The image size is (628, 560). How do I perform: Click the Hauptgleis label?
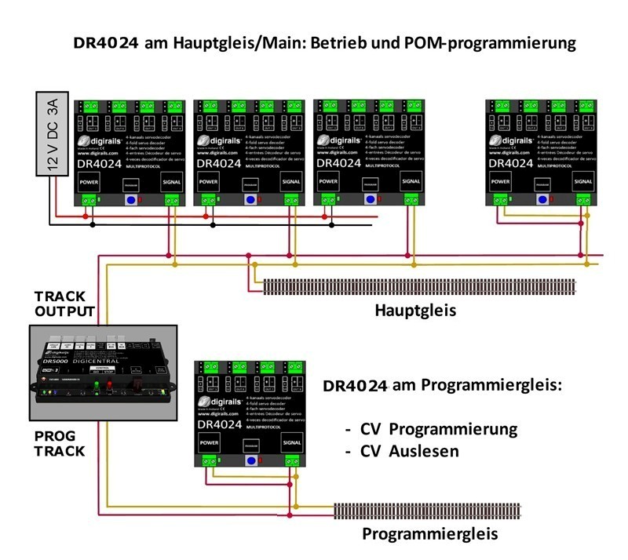(x=416, y=311)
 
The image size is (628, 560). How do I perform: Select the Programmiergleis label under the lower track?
(x=431, y=535)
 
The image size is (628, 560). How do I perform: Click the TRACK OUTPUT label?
(x=64, y=303)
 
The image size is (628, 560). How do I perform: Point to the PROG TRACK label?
(x=60, y=443)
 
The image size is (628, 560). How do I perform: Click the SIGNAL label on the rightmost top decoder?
(x=582, y=180)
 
